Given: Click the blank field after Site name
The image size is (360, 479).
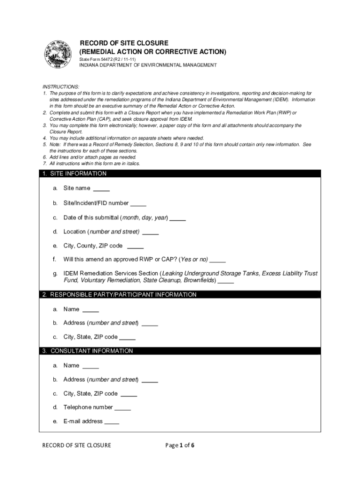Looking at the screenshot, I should coord(101,189).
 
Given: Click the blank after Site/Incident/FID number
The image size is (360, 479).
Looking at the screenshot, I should coord(138,204).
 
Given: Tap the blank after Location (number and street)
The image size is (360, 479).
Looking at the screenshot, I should coord(151,232).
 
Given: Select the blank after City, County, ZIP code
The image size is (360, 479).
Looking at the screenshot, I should coord(135,247).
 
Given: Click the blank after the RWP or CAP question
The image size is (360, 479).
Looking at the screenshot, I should coord(218,260).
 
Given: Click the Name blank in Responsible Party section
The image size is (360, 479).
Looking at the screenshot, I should coord(91,310).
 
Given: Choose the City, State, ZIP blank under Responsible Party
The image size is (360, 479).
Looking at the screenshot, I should coord(128,337).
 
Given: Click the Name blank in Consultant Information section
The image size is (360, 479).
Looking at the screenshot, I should coord(91,366).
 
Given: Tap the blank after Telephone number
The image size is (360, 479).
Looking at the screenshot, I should coord(122,408).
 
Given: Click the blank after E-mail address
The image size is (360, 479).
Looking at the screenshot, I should coord(112,422).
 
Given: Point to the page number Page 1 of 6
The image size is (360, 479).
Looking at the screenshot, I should coord(180,445).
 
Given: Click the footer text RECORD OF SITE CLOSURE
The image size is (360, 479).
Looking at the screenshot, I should coord(77,445).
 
